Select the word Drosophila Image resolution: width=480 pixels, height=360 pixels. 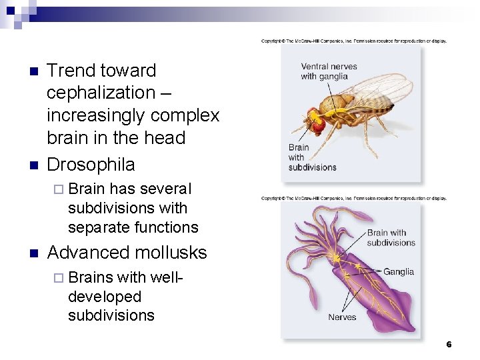coord(91,165)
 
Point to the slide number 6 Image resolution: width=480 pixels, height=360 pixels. coord(449,345)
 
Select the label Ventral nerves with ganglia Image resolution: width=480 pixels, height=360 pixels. coord(329,71)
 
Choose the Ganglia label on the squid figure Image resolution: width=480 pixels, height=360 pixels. coord(398,271)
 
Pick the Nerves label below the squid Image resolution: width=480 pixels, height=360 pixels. coord(342,317)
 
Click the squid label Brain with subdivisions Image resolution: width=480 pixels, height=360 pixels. coord(391,237)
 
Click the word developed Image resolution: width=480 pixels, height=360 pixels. coord(105,297)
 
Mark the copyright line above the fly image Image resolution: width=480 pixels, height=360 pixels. coord(353,41)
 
